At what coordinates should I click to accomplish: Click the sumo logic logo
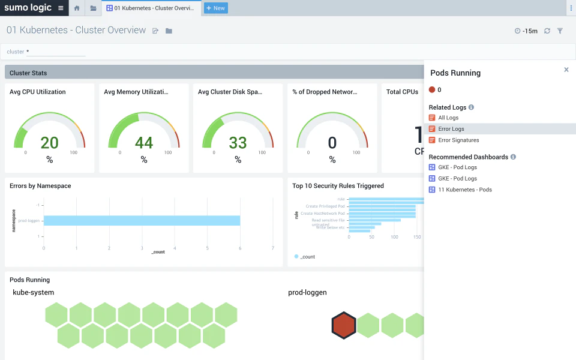tap(28, 8)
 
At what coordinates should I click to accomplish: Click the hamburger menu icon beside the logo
tap(61, 8)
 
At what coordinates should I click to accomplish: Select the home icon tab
tap(77, 8)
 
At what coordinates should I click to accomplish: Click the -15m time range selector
tap(526, 31)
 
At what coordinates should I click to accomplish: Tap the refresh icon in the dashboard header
tap(547, 31)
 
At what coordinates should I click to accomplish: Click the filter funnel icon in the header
tap(560, 31)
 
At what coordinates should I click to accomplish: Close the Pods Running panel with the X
tap(566, 70)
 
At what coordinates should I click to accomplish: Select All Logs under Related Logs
tap(448, 118)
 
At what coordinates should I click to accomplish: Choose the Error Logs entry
tap(451, 129)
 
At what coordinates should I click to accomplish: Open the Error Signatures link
tap(458, 140)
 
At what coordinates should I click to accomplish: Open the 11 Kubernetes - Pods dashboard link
tap(464, 190)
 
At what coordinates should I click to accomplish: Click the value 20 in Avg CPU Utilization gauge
tap(49, 143)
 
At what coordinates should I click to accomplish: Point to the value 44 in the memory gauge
tap(143, 143)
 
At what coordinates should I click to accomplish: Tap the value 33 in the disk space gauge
tap(238, 143)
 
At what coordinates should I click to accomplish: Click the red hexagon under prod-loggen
tap(344, 325)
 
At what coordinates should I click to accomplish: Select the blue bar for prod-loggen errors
tap(142, 221)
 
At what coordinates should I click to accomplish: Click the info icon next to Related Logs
tap(471, 107)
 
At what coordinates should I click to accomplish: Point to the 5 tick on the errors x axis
tap(207, 248)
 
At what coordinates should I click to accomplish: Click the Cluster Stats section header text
tap(28, 73)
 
